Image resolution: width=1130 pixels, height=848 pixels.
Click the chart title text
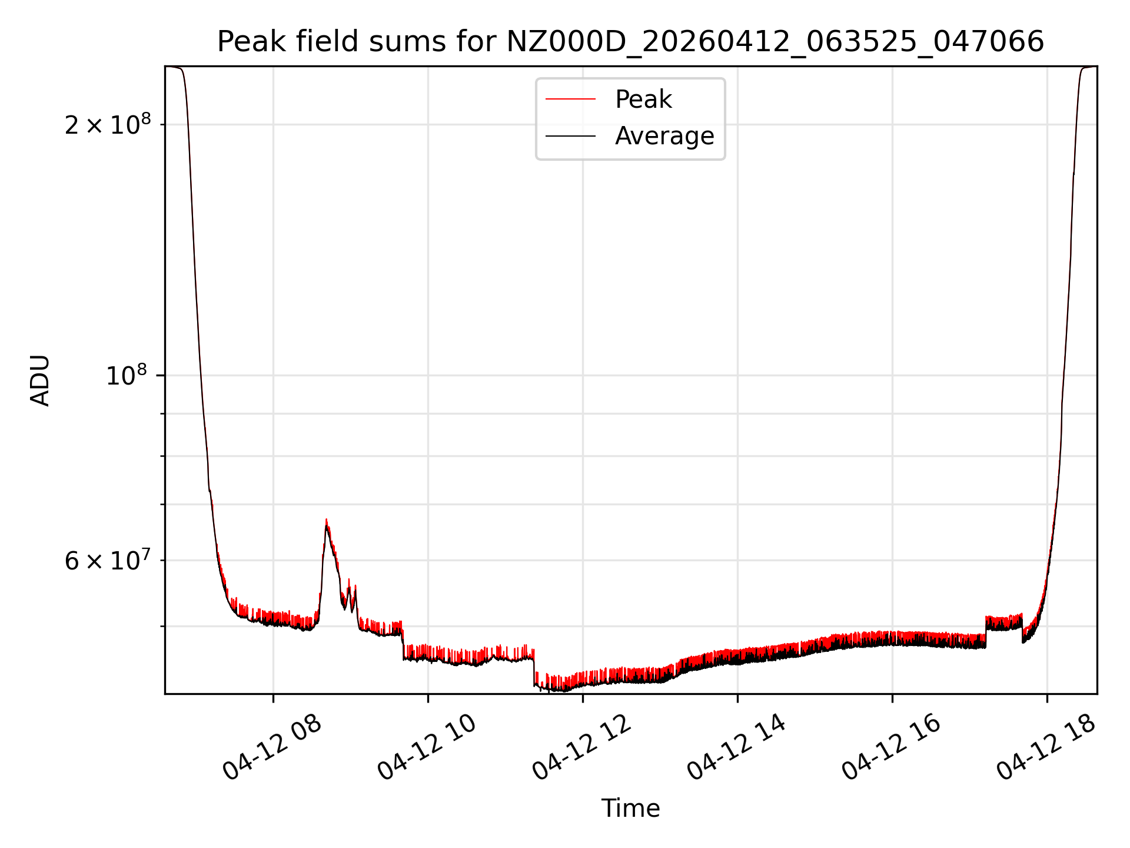point(630,42)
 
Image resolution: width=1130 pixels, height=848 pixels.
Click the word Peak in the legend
point(643,100)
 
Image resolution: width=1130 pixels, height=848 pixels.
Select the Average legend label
point(664,136)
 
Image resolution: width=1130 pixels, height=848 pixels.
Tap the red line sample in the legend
point(570,100)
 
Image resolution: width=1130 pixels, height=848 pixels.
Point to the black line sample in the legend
point(570,136)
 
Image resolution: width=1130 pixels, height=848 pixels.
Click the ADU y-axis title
point(40,380)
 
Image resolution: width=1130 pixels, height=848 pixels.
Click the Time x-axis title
point(630,809)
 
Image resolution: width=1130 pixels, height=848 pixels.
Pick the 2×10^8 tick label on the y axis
point(108,124)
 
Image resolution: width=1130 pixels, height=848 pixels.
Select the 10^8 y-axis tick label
point(128,375)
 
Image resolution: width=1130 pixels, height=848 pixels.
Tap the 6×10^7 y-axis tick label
point(108,561)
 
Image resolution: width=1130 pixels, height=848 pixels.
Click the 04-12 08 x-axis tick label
point(272,747)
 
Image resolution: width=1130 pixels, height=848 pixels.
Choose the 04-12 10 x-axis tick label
point(427,747)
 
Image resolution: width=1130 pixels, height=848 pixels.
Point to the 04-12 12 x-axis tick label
point(581,747)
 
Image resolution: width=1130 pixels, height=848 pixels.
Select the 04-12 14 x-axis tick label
point(736,747)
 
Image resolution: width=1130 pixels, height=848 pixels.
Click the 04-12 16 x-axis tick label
point(891,747)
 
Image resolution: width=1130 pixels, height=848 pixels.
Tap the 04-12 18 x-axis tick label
point(1046,747)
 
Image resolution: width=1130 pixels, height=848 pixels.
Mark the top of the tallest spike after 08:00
point(326,520)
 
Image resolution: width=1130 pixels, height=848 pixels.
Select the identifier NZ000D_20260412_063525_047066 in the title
point(775,42)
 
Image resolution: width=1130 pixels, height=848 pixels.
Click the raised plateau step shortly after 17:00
point(1003,621)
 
